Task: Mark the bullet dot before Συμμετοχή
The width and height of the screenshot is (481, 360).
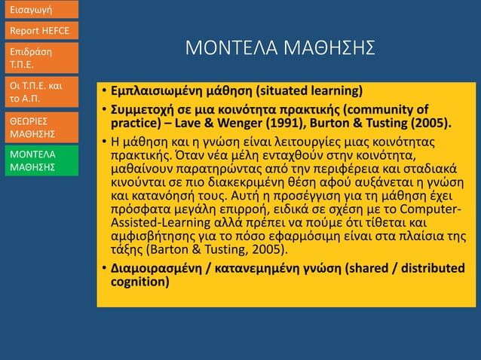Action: tap(103, 110)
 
